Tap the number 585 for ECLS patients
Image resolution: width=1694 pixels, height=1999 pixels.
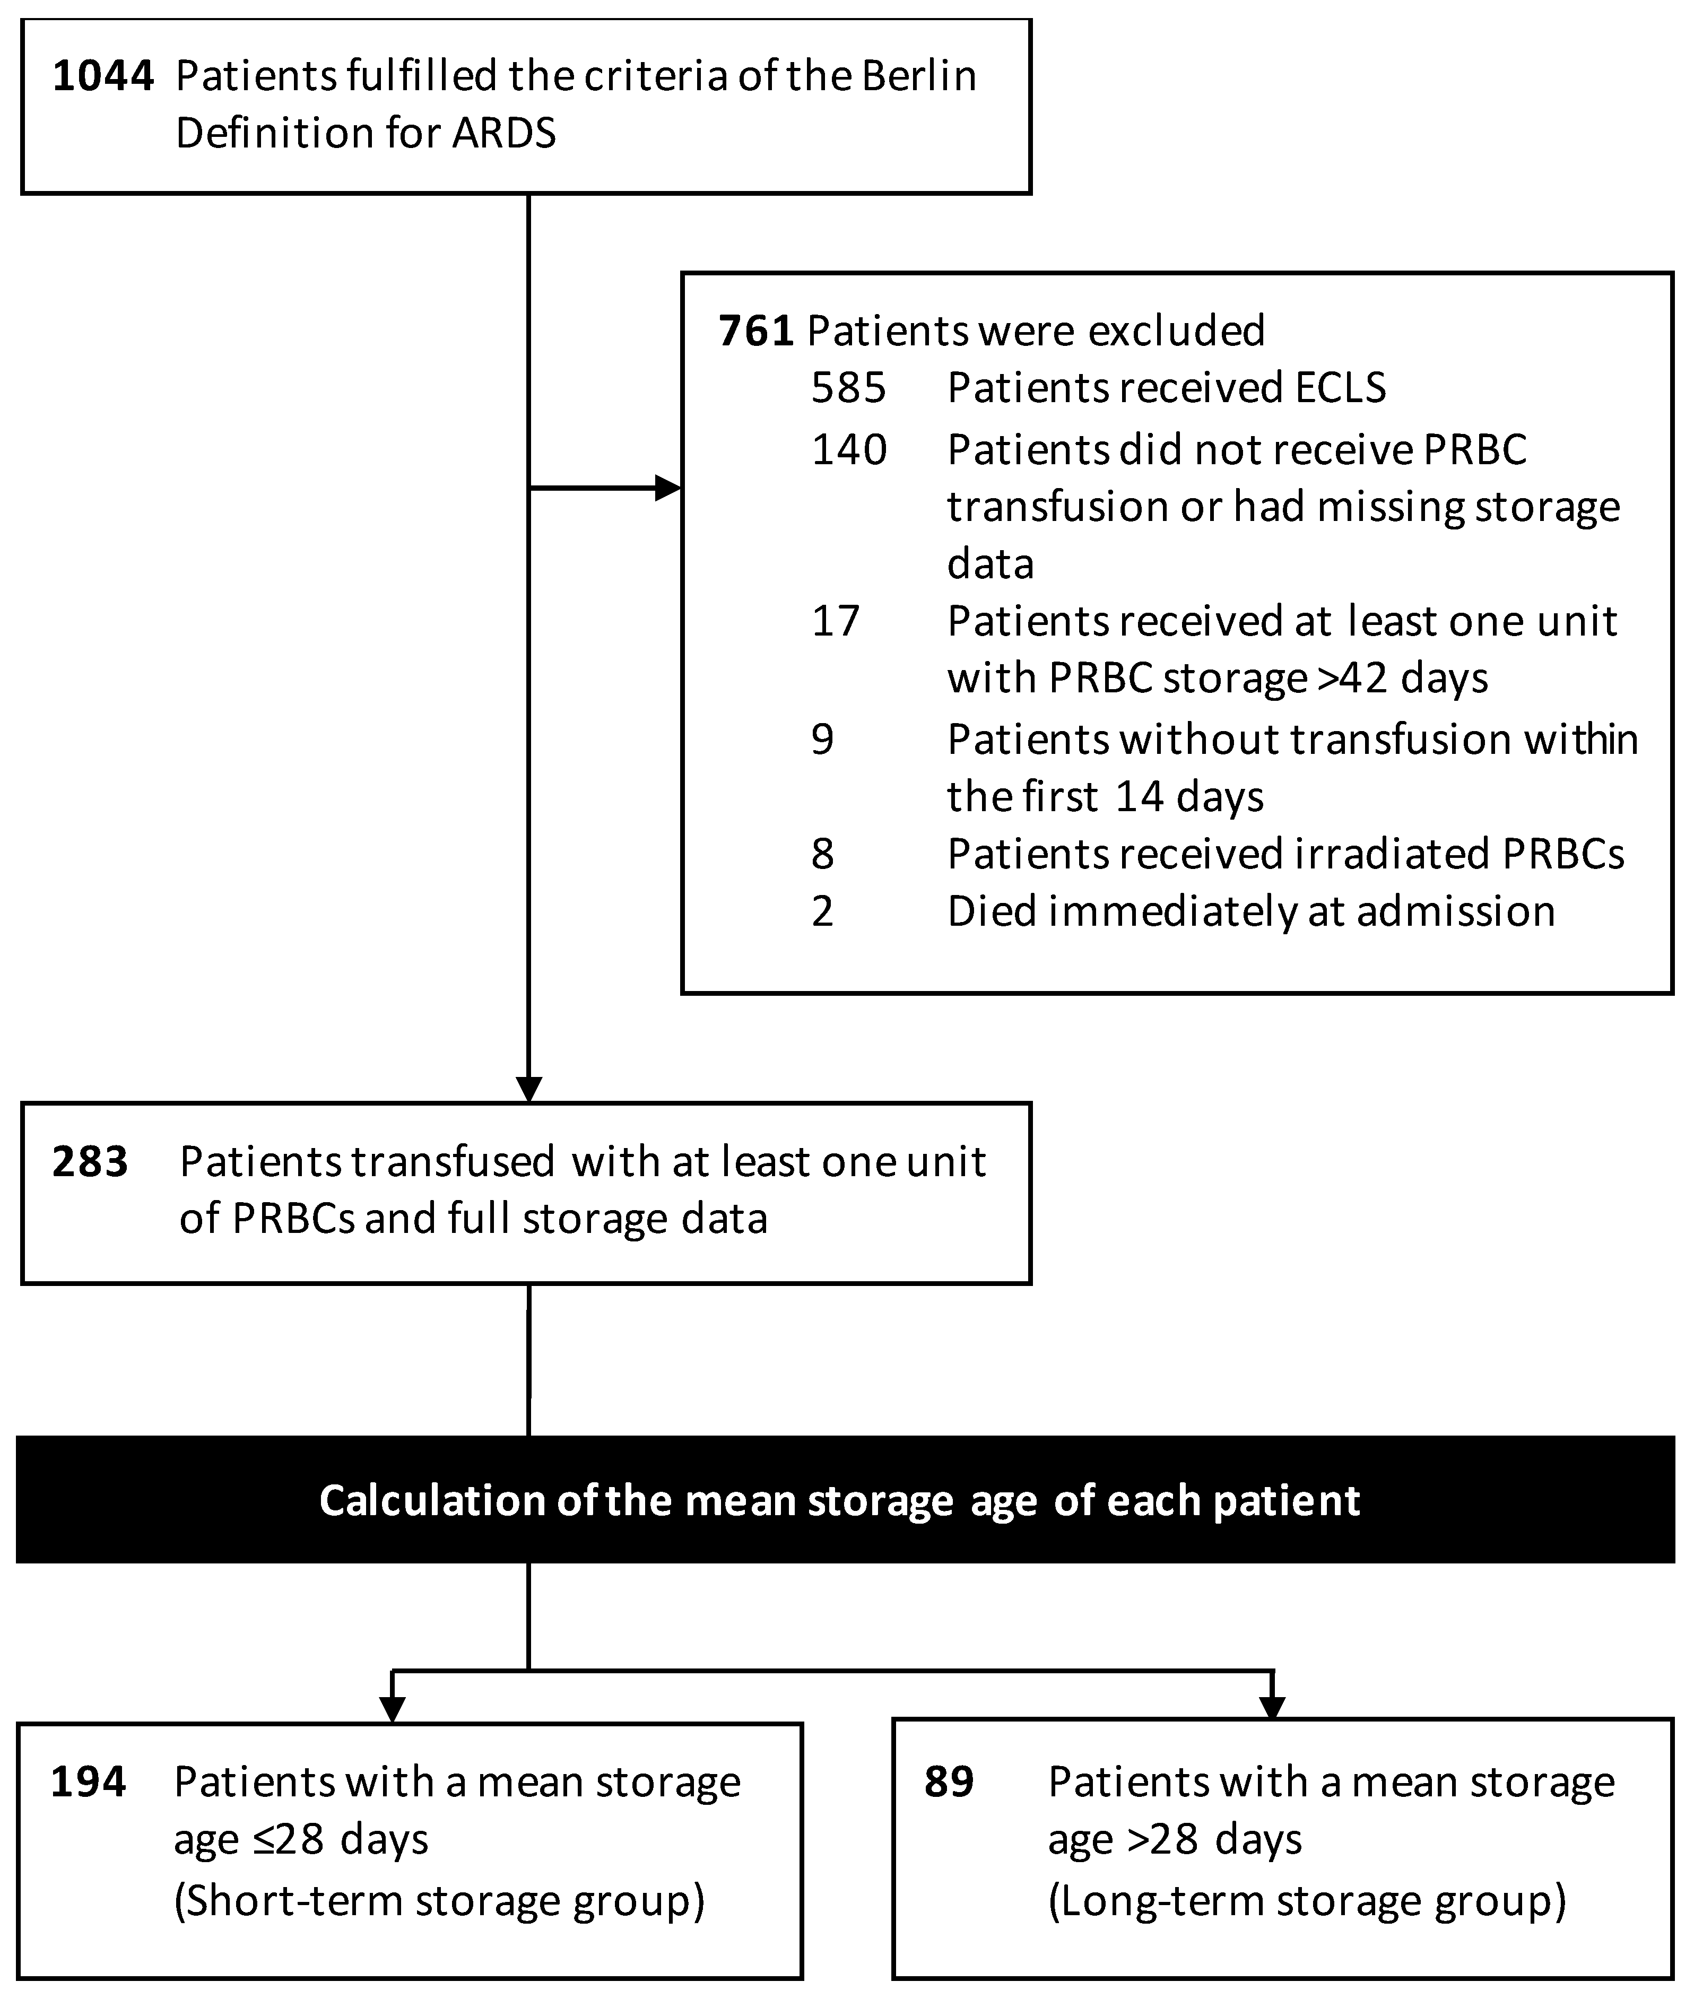click(x=849, y=388)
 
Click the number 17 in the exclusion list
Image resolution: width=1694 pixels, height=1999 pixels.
click(x=836, y=621)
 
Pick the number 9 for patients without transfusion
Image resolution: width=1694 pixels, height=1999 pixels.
click(x=823, y=740)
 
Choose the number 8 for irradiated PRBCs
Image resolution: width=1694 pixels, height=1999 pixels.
click(x=823, y=854)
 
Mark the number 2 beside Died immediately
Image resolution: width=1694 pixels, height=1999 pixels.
click(x=823, y=911)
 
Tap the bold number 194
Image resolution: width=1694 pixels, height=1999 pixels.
click(x=89, y=1782)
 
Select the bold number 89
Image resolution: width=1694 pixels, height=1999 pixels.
click(x=949, y=1782)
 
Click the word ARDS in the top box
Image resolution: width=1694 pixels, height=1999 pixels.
click(x=504, y=134)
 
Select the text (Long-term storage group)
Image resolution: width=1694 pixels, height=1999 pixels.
click(x=1307, y=1901)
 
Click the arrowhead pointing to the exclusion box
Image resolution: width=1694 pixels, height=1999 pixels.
click(x=667, y=489)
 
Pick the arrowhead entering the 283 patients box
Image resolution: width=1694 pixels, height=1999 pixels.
click(x=529, y=1090)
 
